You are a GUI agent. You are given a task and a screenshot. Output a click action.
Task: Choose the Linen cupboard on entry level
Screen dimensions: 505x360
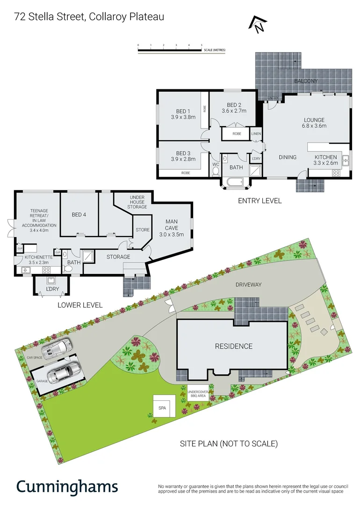(256, 134)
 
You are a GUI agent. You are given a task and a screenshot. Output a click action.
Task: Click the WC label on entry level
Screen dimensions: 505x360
(216, 165)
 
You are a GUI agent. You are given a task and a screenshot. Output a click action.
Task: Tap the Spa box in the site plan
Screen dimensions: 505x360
(162, 408)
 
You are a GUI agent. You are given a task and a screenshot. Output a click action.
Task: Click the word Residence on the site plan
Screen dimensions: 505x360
(234, 346)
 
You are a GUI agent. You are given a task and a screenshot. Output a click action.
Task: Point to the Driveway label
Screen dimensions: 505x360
(248, 284)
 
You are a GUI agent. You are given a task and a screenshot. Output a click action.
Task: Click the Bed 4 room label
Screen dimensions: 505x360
(79, 215)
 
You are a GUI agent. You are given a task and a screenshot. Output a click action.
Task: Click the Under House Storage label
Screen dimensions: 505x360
(137, 202)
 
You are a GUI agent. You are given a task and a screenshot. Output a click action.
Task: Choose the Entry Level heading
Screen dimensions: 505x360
(260, 201)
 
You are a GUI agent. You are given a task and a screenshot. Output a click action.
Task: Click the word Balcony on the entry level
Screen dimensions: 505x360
(306, 81)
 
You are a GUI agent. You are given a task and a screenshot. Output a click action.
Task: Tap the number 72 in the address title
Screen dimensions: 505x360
(20, 17)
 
